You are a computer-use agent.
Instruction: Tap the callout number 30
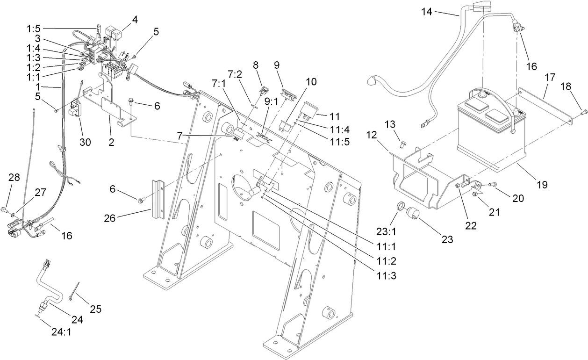pyautogui.click(x=85, y=142)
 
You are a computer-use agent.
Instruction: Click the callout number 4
pyautogui.click(x=135, y=20)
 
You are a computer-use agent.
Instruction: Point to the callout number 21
pyautogui.click(x=494, y=212)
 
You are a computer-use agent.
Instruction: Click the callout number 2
pyautogui.click(x=111, y=143)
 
